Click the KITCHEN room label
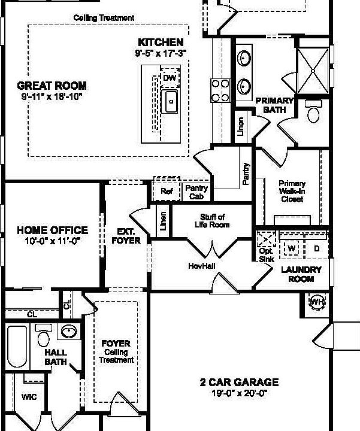pos(161,43)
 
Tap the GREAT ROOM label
pos(52,86)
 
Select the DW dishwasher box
pos(170,78)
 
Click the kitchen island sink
pos(171,101)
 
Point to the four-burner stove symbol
pos(219,90)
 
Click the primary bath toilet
pos(313,112)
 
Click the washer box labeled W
pos(292,247)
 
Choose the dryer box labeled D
pos(317,247)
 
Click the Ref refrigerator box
pos(167,192)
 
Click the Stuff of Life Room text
pos(212,221)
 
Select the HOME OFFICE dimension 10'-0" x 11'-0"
pos(52,240)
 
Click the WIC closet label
pos(29,397)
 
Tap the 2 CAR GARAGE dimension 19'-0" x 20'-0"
pos(240,394)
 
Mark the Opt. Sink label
pos(265,256)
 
